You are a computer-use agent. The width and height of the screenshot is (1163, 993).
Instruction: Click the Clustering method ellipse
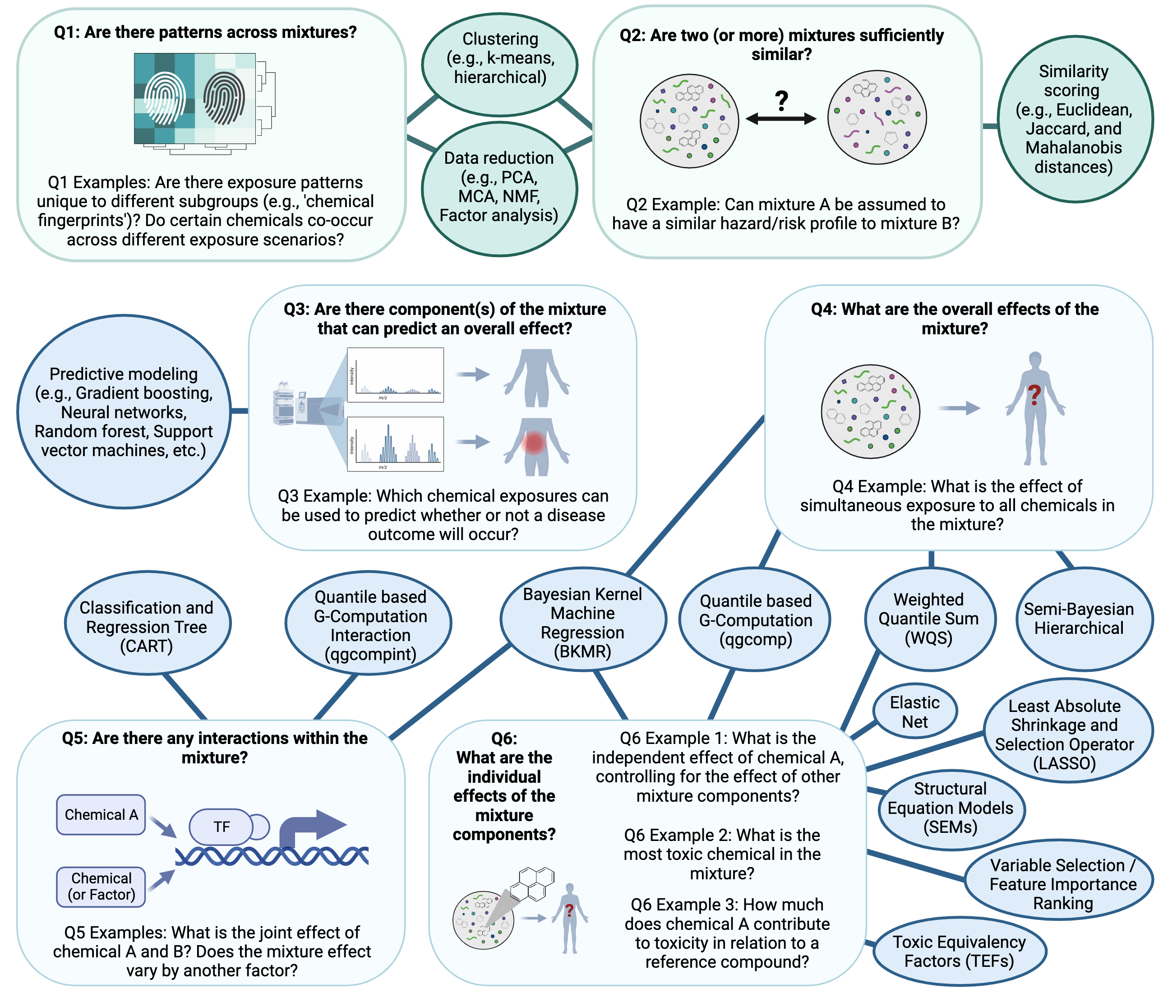point(499,58)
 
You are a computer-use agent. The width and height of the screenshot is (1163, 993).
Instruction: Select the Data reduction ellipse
point(499,187)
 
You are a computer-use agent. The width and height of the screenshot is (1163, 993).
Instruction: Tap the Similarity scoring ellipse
point(1074,119)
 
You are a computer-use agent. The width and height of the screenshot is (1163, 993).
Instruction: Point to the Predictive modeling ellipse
point(124,411)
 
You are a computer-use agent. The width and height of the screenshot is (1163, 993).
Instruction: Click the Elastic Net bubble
point(914,712)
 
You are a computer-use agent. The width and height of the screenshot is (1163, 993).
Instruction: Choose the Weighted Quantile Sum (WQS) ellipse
point(929,619)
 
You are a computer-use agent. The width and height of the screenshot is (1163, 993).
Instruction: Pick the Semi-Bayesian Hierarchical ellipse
point(1079,619)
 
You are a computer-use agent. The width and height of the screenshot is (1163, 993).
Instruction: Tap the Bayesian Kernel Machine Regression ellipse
point(582,622)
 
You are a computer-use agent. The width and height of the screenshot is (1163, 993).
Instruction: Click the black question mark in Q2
point(781,101)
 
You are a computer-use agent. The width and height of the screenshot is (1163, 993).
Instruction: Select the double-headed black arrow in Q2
point(781,119)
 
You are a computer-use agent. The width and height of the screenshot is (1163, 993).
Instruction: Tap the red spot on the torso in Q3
point(534,442)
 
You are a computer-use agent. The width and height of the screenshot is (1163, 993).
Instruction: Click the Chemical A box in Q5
point(102,814)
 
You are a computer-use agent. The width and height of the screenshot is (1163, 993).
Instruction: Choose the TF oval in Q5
point(221,826)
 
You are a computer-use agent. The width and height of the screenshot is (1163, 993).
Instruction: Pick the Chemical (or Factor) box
point(102,887)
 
